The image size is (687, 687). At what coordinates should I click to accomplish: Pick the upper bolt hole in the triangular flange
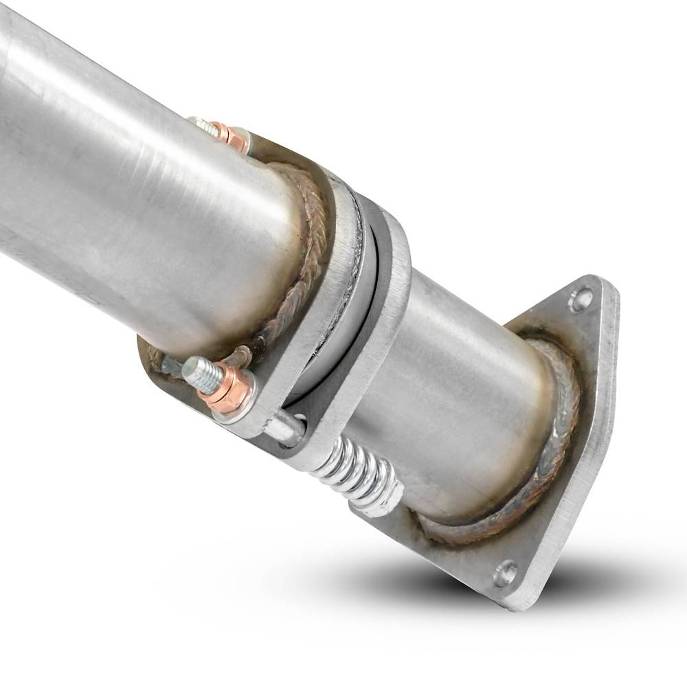click(579, 300)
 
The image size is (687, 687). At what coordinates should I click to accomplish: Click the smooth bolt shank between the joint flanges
click(285, 429)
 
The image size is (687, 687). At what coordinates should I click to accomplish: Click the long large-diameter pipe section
click(124, 172)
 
